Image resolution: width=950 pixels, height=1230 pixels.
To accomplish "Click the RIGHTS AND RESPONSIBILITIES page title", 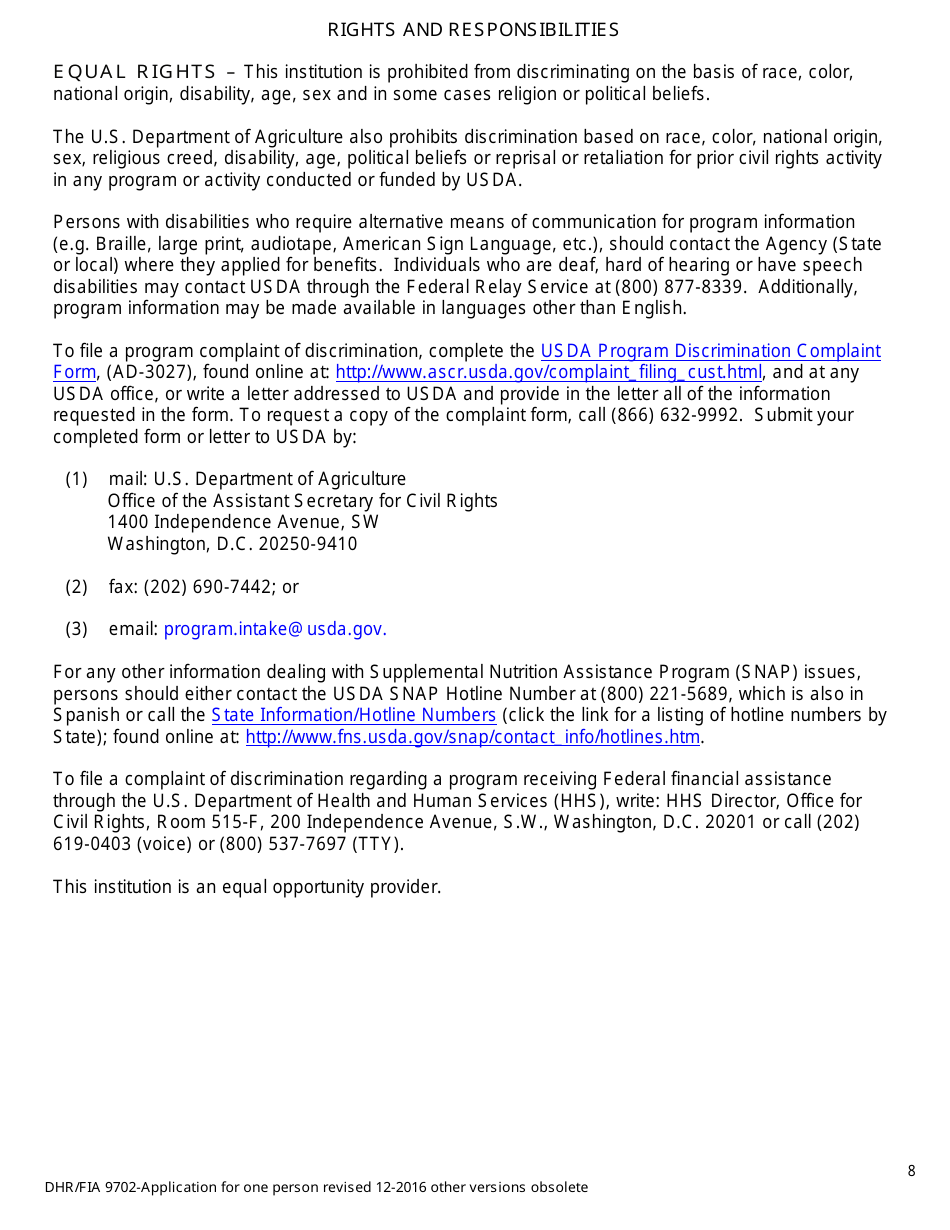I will [x=473, y=30].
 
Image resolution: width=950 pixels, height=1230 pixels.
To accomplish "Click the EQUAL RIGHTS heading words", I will [x=134, y=72].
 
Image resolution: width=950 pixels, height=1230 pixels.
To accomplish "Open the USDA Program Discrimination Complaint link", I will [x=710, y=351].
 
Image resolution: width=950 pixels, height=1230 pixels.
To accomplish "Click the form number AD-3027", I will [x=149, y=373].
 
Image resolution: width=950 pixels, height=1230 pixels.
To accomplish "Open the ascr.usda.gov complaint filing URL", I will [x=548, y=373].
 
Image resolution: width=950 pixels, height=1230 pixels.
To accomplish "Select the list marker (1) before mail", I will [x=77, y=479].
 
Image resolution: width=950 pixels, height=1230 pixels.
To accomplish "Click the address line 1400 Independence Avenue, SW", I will [x=243, y=522].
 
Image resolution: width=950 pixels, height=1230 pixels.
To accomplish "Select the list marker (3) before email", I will [x=77, y=629].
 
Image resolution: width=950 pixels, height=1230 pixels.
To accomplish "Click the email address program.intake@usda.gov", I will [x=275, y=629].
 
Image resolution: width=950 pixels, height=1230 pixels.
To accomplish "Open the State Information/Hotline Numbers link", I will [x=353, y=715].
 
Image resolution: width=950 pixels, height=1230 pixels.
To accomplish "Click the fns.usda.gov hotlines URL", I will [x=472, y=738].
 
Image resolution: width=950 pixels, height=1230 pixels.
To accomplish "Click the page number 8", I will [x=911, y=1171].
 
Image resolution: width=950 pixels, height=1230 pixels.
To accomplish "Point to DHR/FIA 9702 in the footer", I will [x=91, y=1188].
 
